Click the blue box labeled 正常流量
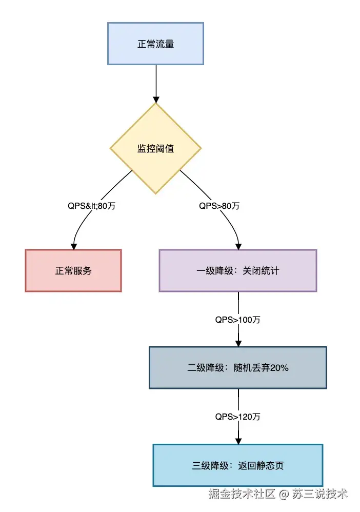(155, 44)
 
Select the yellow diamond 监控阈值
(155, 149)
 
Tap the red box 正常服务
(73, 270)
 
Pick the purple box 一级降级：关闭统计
(238, 270)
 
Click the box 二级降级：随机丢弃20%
(238, 367)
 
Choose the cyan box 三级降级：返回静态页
(238, 465)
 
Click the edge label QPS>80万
(219, 206)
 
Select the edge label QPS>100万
(238, 320)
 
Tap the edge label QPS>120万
(238, 417)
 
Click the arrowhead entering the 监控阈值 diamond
(155, 100)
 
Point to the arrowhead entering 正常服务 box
(74, 246)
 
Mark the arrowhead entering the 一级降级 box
(238, 246)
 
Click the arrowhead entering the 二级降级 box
(238, 343)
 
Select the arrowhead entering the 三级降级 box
(238, 441)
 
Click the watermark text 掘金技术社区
(242, 494)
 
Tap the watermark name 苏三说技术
(320, 494)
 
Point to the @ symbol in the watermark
(284, 495)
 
